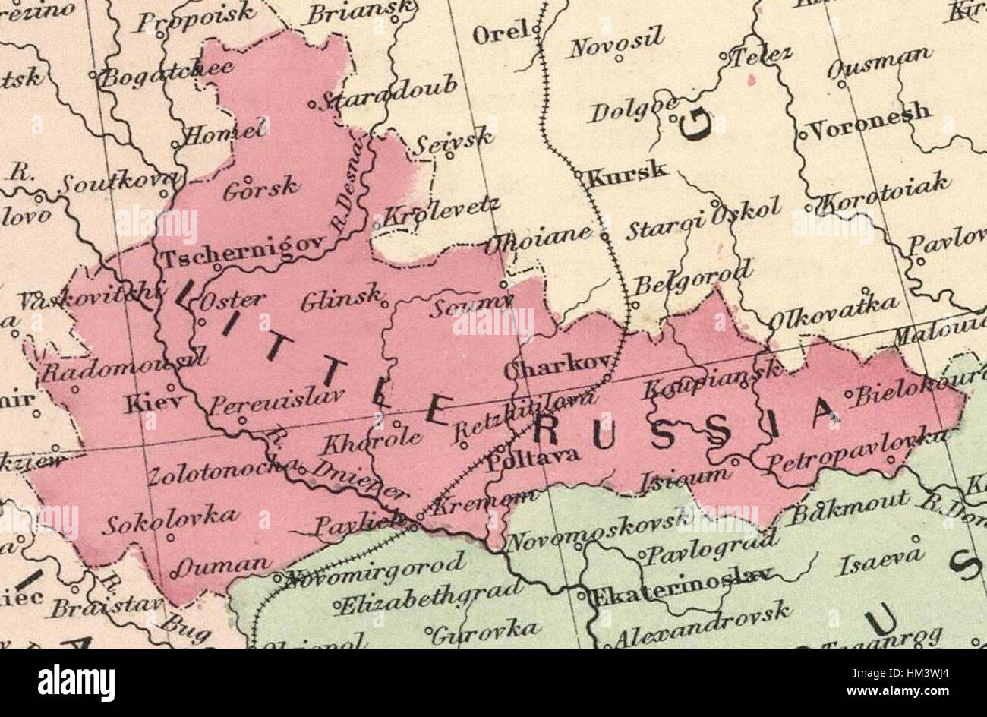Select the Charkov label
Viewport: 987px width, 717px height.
coord(550,368)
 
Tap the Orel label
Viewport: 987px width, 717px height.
coord(500,33)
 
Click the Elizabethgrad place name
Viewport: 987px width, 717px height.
coord(430,599)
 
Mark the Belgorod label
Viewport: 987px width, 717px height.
coord(692,279)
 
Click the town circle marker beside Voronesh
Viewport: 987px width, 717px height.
coord(802,136)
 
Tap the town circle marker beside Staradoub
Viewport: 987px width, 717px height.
coord(312,105)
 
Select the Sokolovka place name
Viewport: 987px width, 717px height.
coord(170,521)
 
